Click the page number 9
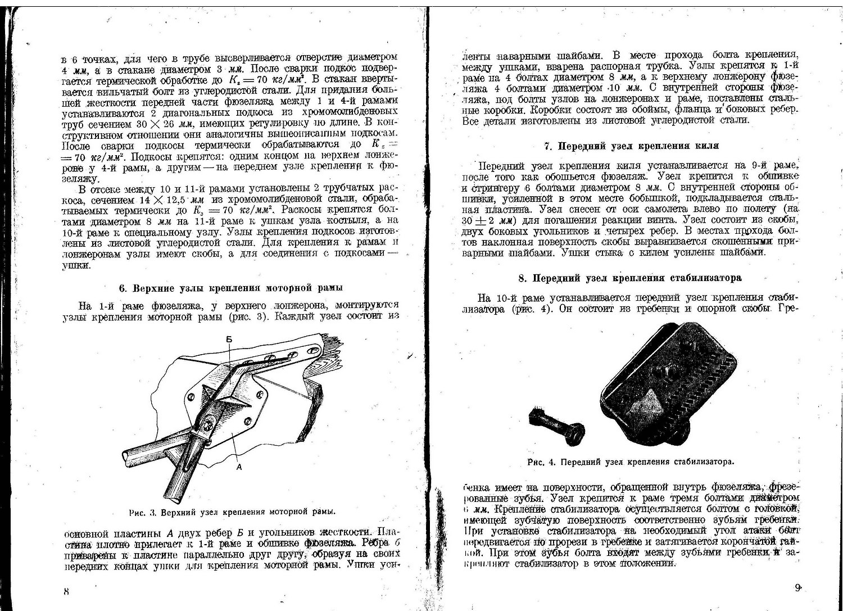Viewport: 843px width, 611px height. pyautogui.click(x=797, y=588)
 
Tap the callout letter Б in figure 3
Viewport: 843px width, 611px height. pyautogui.click(x=229, y=340)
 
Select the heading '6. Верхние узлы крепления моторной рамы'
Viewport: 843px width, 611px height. pyautogui.click(x=230, y=288)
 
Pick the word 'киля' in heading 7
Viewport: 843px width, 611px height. pyautogui.click(x=706, y=146)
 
